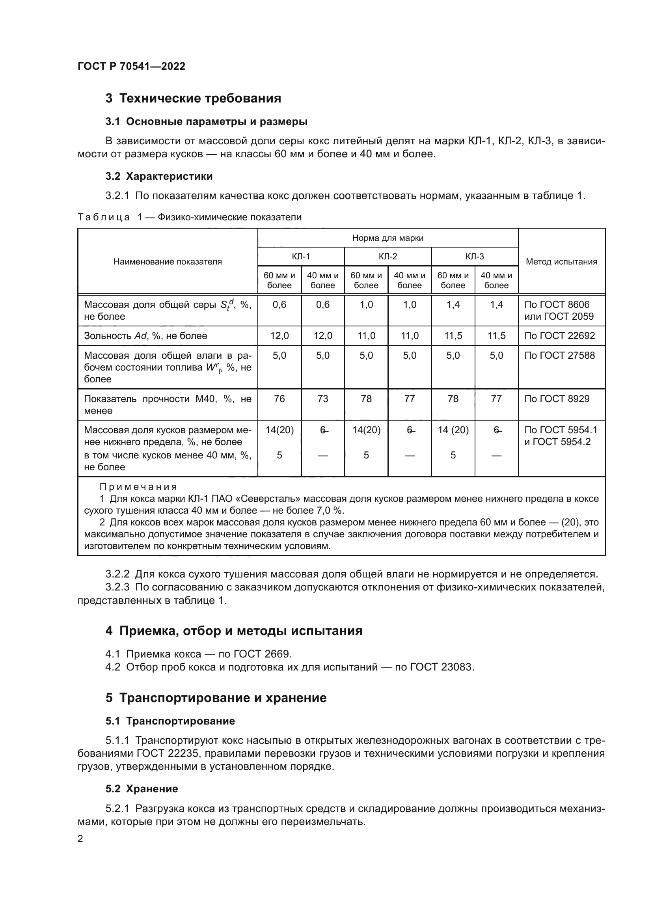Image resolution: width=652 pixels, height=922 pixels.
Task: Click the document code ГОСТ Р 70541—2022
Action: point(131,66)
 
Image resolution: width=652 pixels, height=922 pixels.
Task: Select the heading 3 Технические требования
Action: point(193,99)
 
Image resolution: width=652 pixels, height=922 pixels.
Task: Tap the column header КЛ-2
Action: point(387,257)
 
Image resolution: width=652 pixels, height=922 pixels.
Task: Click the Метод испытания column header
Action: point(561,262)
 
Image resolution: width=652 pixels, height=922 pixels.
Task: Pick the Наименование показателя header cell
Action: point(168,262)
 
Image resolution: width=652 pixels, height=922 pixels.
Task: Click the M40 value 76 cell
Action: point(279,399)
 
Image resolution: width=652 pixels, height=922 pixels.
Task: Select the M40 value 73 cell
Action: point(322,399)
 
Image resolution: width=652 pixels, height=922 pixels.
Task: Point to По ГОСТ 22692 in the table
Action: point(559,336)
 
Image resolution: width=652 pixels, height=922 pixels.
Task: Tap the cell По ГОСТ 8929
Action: point(557,399)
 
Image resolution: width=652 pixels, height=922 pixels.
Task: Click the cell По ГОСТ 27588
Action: point(559,356)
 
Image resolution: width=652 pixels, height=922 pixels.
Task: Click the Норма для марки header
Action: point(387,238)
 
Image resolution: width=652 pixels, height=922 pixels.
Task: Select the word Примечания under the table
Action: point(138,487)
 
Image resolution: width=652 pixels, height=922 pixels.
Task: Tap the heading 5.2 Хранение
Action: point(142,789)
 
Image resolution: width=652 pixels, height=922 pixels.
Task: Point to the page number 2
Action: point(80,839)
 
